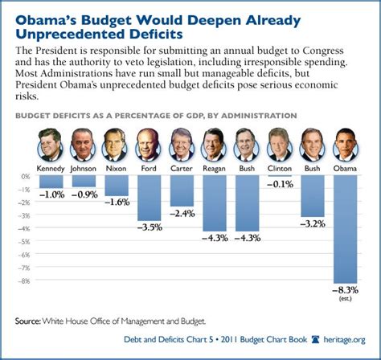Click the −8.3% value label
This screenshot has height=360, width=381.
coord(346,288)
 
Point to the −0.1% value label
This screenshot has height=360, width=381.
coord(279,185)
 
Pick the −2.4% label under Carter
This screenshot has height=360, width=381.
coord(182,213)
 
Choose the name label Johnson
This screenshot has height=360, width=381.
coord(83,169)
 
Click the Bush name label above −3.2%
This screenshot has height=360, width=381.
coord(312,169)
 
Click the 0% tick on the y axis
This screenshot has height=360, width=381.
coord(25,176)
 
